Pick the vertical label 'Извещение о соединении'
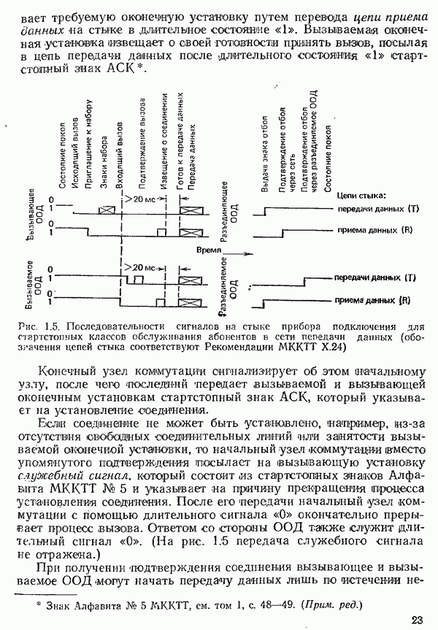165,139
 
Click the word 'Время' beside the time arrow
210,249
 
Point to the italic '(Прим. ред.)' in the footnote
331,605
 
